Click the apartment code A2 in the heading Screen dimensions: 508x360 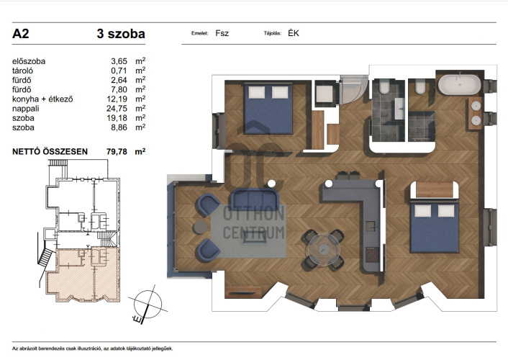pyautogui.click(x=21, y=34)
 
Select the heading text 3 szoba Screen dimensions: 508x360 pyautogui.click(x=121, y=34)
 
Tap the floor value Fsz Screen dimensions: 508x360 pyautogui.click(x=222, y=33)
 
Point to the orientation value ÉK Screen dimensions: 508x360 pyautogui.click(x=294, y=33)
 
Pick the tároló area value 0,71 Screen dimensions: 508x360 pyautogui.click(x=119, y=71)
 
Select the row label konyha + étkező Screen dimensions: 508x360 pyautogui.click(x=42, y=99)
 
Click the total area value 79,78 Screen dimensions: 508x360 pyautogui.click(x=117, y=152)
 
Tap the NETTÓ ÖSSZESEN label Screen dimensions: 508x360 pyautogui.click(x=50, y=152)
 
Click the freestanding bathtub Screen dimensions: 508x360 pyautogui.click(x=459, y=85)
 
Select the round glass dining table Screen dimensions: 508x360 pyautogui.click(x=324, y=249)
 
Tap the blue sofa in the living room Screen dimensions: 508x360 pyautogui.click(x=254, y=199)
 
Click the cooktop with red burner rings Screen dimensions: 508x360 pyautogui.click(x=372, y=255)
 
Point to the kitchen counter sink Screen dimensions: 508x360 pyautogui.click(x=372, y=226)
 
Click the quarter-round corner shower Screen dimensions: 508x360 pyautogui.click(x=353, y=89)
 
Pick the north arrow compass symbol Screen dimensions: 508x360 pyautogui.click(x=148, y=305)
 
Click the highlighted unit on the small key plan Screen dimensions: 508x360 pyautogui.click(x=83, y=274)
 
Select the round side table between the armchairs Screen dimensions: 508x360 pyautogui.click(x=201, y=227)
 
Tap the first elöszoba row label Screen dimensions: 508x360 pyautogui.click(x=29, y=62)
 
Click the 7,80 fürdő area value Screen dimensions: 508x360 pyautogui.click(x=119, y=90)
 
